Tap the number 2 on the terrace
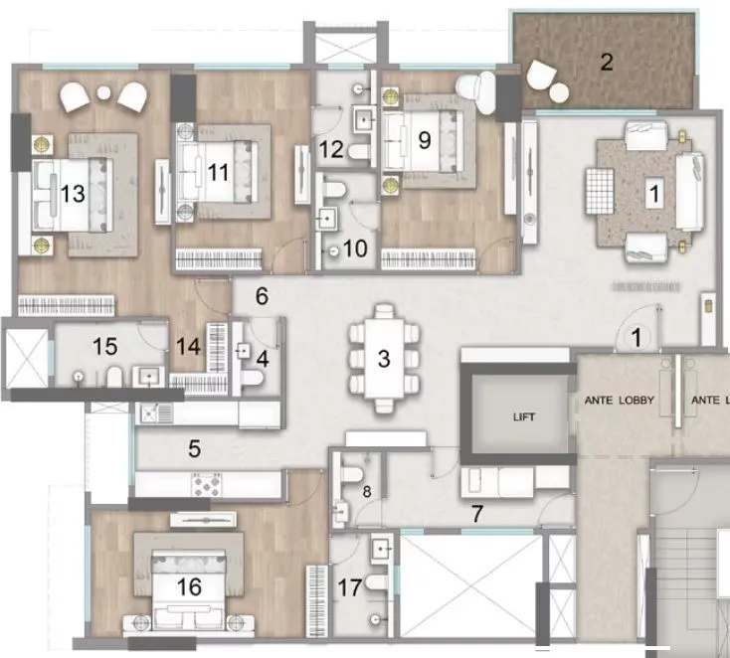(x=607, y=63)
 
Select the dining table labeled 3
(x=384, y=359)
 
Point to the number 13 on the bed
(x=73, y=194)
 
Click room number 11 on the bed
(x=219, y=172)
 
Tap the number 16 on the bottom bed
(x=188, y=588)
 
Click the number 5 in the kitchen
(x=195, y=449)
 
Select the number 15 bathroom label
(x=104, y=347)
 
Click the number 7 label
(x=477, y=514)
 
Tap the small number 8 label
(x=366, y=491)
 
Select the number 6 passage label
(x=262, y=296)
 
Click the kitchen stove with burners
(x=206, y=485)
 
